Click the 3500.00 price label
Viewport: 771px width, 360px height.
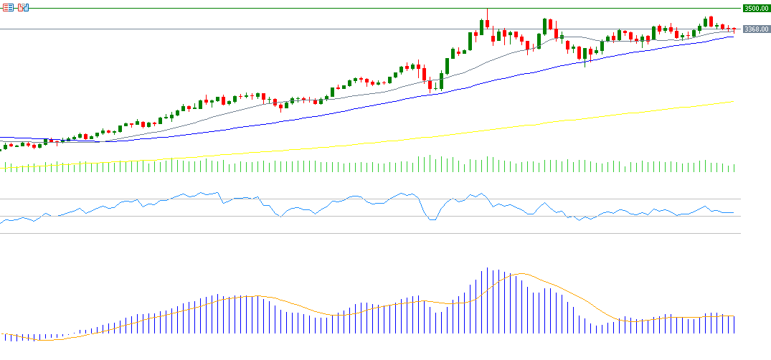(x=757, y=9)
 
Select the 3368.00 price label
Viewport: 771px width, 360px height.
(x=757, y=29)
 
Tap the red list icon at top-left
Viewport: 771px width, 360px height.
(x=9, y=7)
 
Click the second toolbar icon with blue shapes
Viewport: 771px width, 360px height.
(x=23, y=7)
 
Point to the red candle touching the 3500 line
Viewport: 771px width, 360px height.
(x=487, y=24)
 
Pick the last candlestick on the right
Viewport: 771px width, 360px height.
(x=734, y=29)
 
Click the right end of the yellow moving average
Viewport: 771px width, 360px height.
(x=732, y=102)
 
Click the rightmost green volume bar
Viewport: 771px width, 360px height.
(x=734, y=168)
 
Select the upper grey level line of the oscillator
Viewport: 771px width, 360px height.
(x=359, y=199)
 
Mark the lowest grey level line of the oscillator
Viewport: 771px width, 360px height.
(x=359, y=233)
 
